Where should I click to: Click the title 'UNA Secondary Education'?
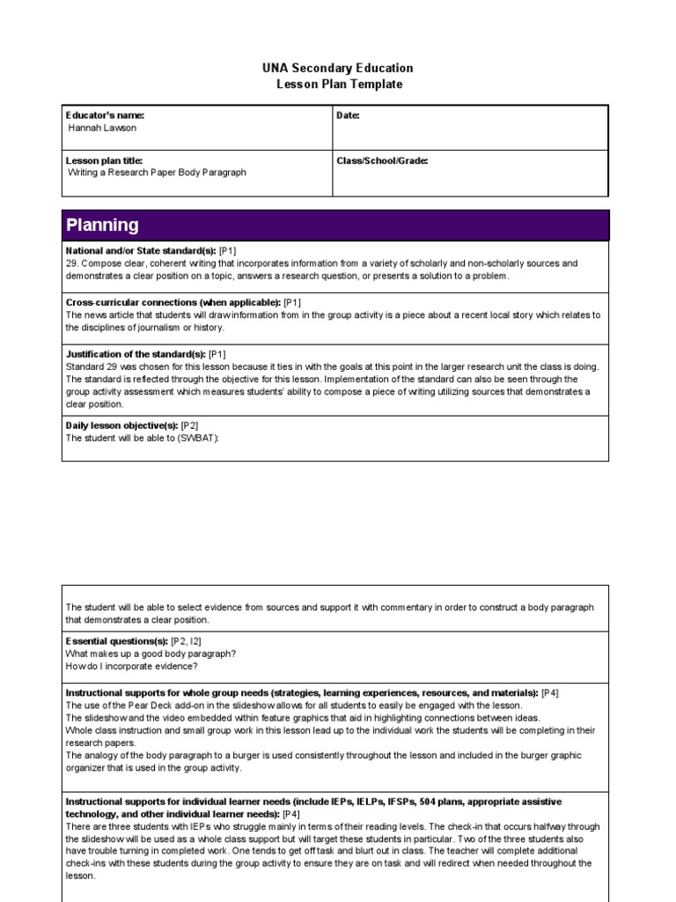pos(337,69)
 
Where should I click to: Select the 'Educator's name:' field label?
pos(105,115)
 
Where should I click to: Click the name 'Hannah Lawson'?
pos(102,128)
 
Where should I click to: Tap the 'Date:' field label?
pos(349,115)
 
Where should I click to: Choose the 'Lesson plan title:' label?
pos(104,161)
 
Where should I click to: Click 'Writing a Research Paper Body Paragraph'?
pos(157,173)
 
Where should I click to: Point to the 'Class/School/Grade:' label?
pos(382,161)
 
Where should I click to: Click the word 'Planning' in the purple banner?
pos(102,225)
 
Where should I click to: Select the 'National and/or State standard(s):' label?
pos(141,251)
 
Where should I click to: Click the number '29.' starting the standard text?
pos(73,263)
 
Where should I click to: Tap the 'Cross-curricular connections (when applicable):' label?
pos(173,302)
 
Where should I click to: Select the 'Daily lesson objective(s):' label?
pos(122,425)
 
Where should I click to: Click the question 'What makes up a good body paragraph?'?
pos(151,654)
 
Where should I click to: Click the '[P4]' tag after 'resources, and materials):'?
pos(550,693)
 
